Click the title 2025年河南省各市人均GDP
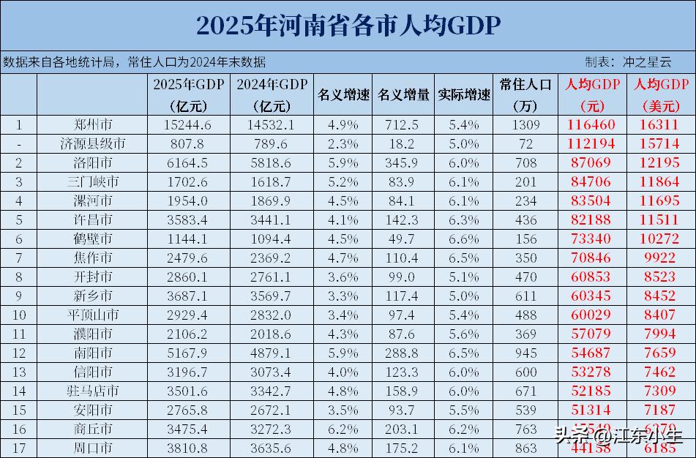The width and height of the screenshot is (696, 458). (348, 25)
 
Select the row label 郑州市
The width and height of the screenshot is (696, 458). (93, 125)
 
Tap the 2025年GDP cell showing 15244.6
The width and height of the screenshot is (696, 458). (188, 125)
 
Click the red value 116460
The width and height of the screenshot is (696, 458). (591, 125)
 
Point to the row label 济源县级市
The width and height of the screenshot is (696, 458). (93, 144)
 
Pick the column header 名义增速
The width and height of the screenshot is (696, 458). (343, 94)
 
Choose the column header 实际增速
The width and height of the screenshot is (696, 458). (464, 94)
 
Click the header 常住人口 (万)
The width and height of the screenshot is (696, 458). (525, 94)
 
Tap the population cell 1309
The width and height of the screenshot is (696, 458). (525, 125)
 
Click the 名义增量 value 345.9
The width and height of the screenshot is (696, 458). (403, 163)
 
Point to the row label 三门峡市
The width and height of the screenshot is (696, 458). (93, 182)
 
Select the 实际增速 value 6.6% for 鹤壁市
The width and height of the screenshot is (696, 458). (464, 239)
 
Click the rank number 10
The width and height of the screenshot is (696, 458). (19, 315)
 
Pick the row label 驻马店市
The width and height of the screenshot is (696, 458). (93, 391)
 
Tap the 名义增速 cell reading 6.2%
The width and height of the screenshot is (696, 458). (343, 429)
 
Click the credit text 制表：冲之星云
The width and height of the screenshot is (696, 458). (628, 61)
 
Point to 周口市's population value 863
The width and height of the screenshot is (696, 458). (525, 448)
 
